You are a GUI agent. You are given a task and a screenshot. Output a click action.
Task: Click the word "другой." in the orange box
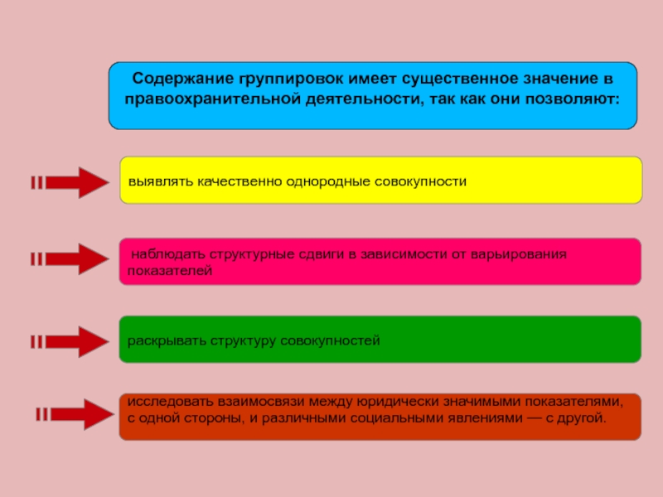(583, 417)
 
